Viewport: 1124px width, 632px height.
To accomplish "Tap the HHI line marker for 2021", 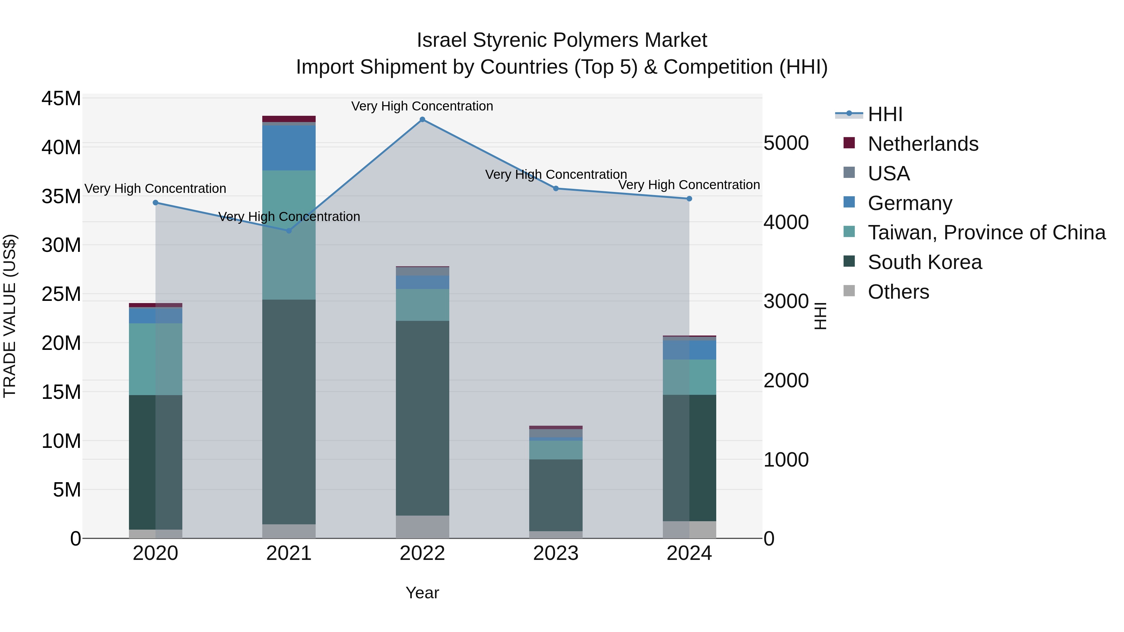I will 289,231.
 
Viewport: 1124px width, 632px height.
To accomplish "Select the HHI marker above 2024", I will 689,199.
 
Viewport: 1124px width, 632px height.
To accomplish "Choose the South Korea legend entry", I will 924,262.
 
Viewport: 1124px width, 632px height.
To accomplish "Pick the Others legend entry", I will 898,292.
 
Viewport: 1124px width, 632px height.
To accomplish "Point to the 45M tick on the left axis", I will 61,99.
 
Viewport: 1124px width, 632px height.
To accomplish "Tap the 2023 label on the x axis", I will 555,553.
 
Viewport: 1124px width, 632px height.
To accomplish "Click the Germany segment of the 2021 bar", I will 289,148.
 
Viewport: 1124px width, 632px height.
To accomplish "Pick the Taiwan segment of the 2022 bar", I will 422,305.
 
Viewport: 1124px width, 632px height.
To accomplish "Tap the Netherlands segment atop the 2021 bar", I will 289,119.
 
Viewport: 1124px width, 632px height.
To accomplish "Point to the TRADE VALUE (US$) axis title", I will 10,316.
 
